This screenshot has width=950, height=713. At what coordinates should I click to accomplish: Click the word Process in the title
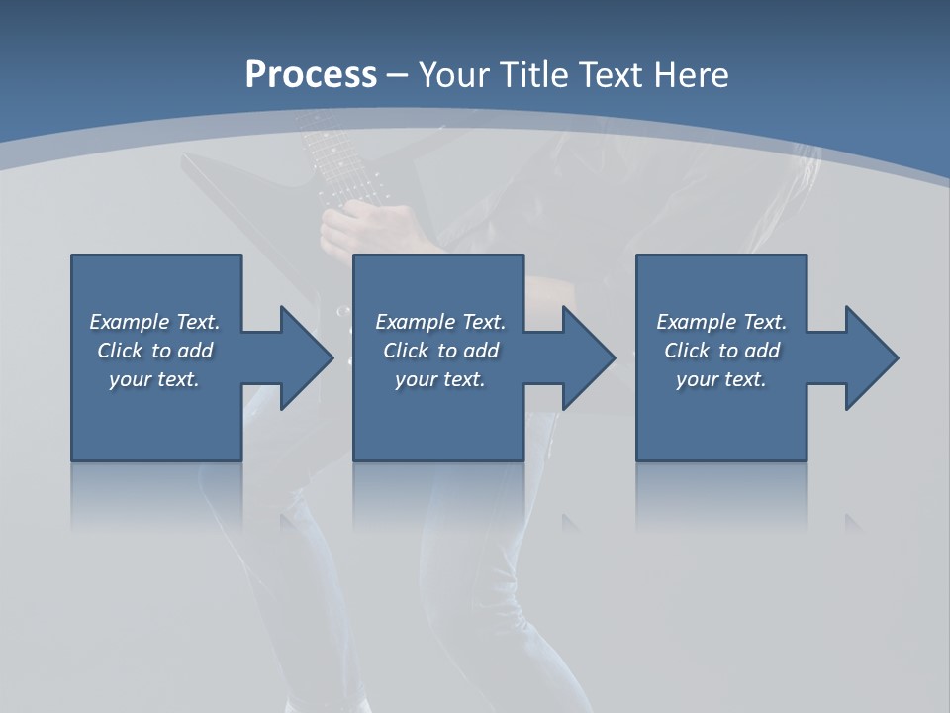(x=311, y=75)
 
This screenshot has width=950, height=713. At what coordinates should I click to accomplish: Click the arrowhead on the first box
(x=303, y=357)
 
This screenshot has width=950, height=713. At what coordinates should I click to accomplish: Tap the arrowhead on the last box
(x=869, y=357)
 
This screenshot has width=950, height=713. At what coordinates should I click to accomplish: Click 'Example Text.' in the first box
(x=154, y=322)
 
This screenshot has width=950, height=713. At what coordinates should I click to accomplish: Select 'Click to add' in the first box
(x=154, y=351)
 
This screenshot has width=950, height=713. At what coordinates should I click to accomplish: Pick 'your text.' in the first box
(x=154, y=379)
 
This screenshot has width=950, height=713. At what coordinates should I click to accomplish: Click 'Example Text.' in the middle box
(x=440, y=322)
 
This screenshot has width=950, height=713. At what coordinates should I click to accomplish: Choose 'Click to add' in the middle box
(x=440, y=351)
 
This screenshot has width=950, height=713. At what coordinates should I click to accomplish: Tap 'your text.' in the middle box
(x=440, y=379)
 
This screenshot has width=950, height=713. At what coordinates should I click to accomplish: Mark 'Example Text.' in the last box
(x=721, y=322)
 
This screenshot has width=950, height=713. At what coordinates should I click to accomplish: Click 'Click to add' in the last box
(x=721, y=351)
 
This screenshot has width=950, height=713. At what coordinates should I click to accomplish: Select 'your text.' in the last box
(x=721, y=379)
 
